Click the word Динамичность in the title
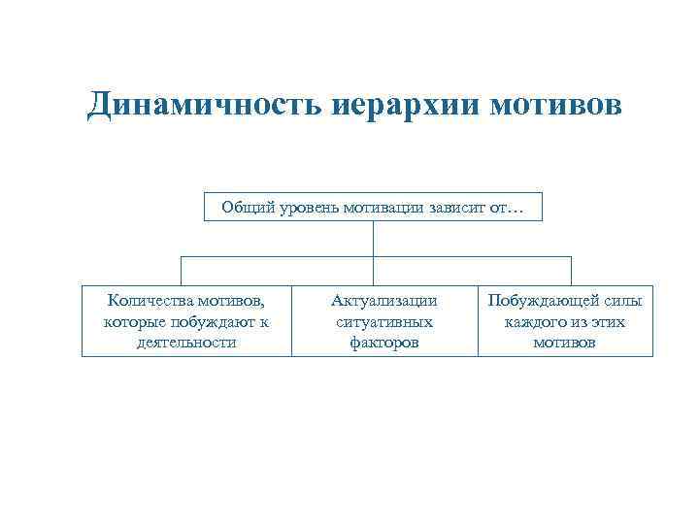click(x=195, y=105)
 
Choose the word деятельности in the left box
click(x=186, y=342)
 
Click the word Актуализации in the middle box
click(x=383, y=301)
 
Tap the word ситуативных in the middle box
click(x=383, y=321)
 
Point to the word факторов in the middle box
click(x=383, y=342)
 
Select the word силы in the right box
click(x=624, y=301)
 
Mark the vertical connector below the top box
click(x=374, y=239)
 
